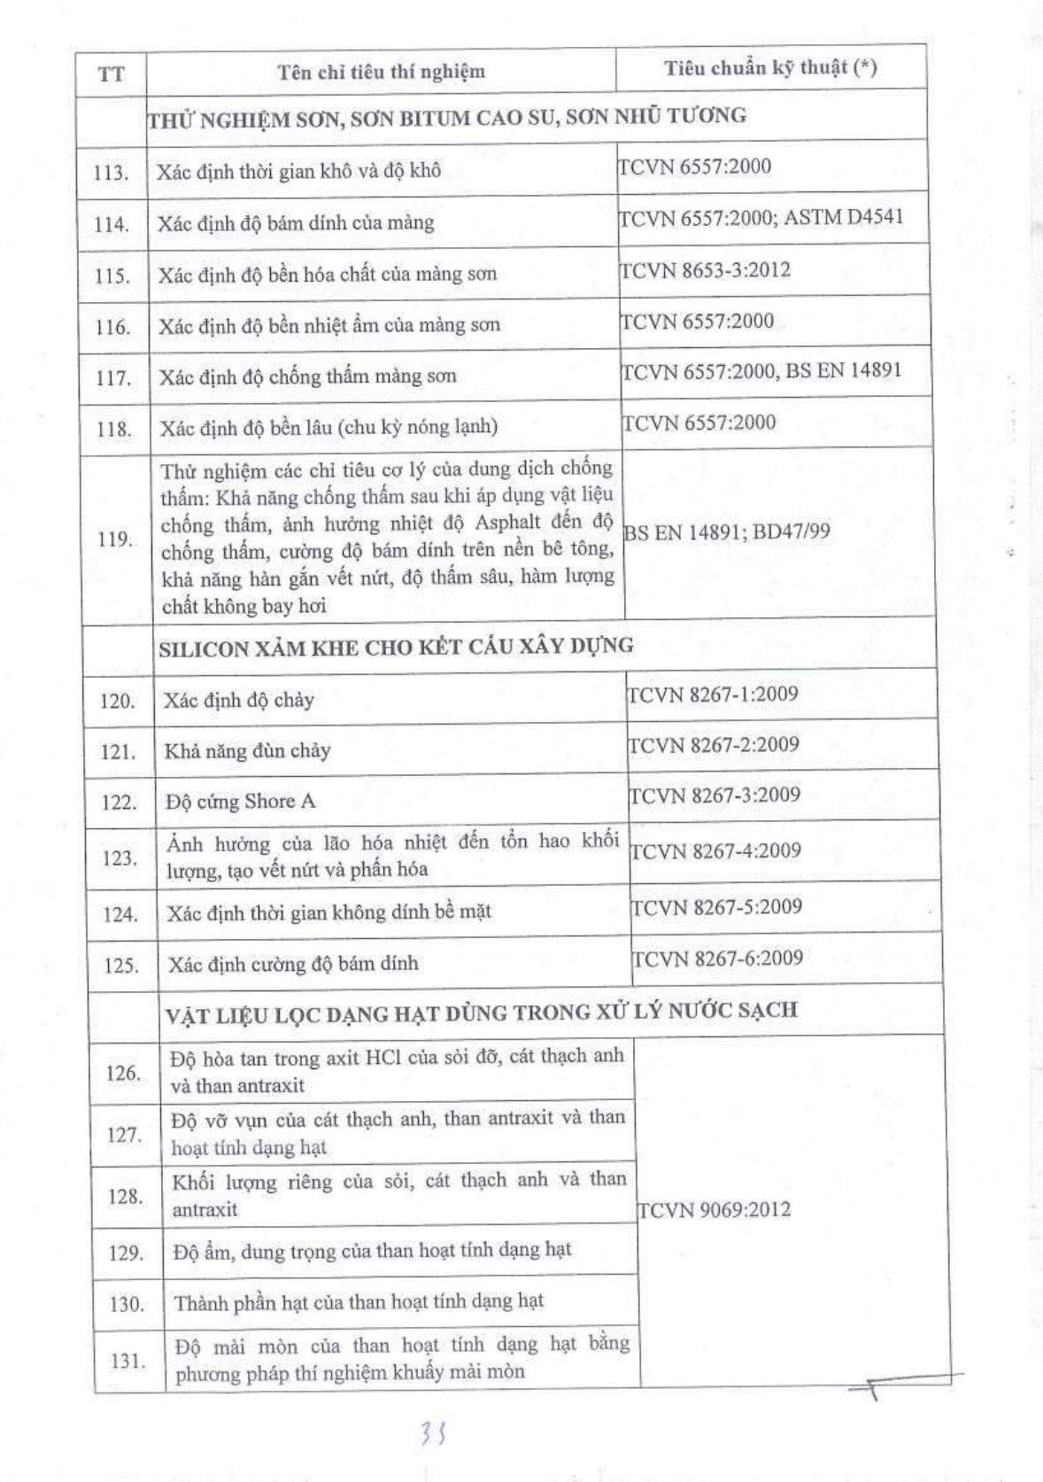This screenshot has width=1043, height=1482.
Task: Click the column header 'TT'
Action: click(111, 74)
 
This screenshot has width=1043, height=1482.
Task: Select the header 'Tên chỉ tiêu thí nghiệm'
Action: click(381, 72)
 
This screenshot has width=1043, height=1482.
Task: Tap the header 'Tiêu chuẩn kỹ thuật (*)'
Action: click(770, 68)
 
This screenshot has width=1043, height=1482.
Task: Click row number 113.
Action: click(112, 172)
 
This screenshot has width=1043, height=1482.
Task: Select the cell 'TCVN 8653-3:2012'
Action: click(705, 269)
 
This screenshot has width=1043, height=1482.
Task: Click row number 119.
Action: click(115, 539)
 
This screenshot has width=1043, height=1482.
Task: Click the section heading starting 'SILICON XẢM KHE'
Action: click(396, 647)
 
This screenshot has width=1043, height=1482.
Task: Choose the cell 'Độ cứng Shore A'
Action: click(240, 802)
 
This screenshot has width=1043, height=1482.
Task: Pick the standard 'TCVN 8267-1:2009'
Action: click(713, 694)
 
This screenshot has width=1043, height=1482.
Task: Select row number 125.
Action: click(121, 966)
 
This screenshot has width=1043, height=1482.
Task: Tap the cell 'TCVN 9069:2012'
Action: click(714, 1210)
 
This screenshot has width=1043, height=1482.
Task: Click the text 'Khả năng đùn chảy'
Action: click(247, 751)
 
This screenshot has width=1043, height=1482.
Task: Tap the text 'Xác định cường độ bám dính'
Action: click(293, 964)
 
